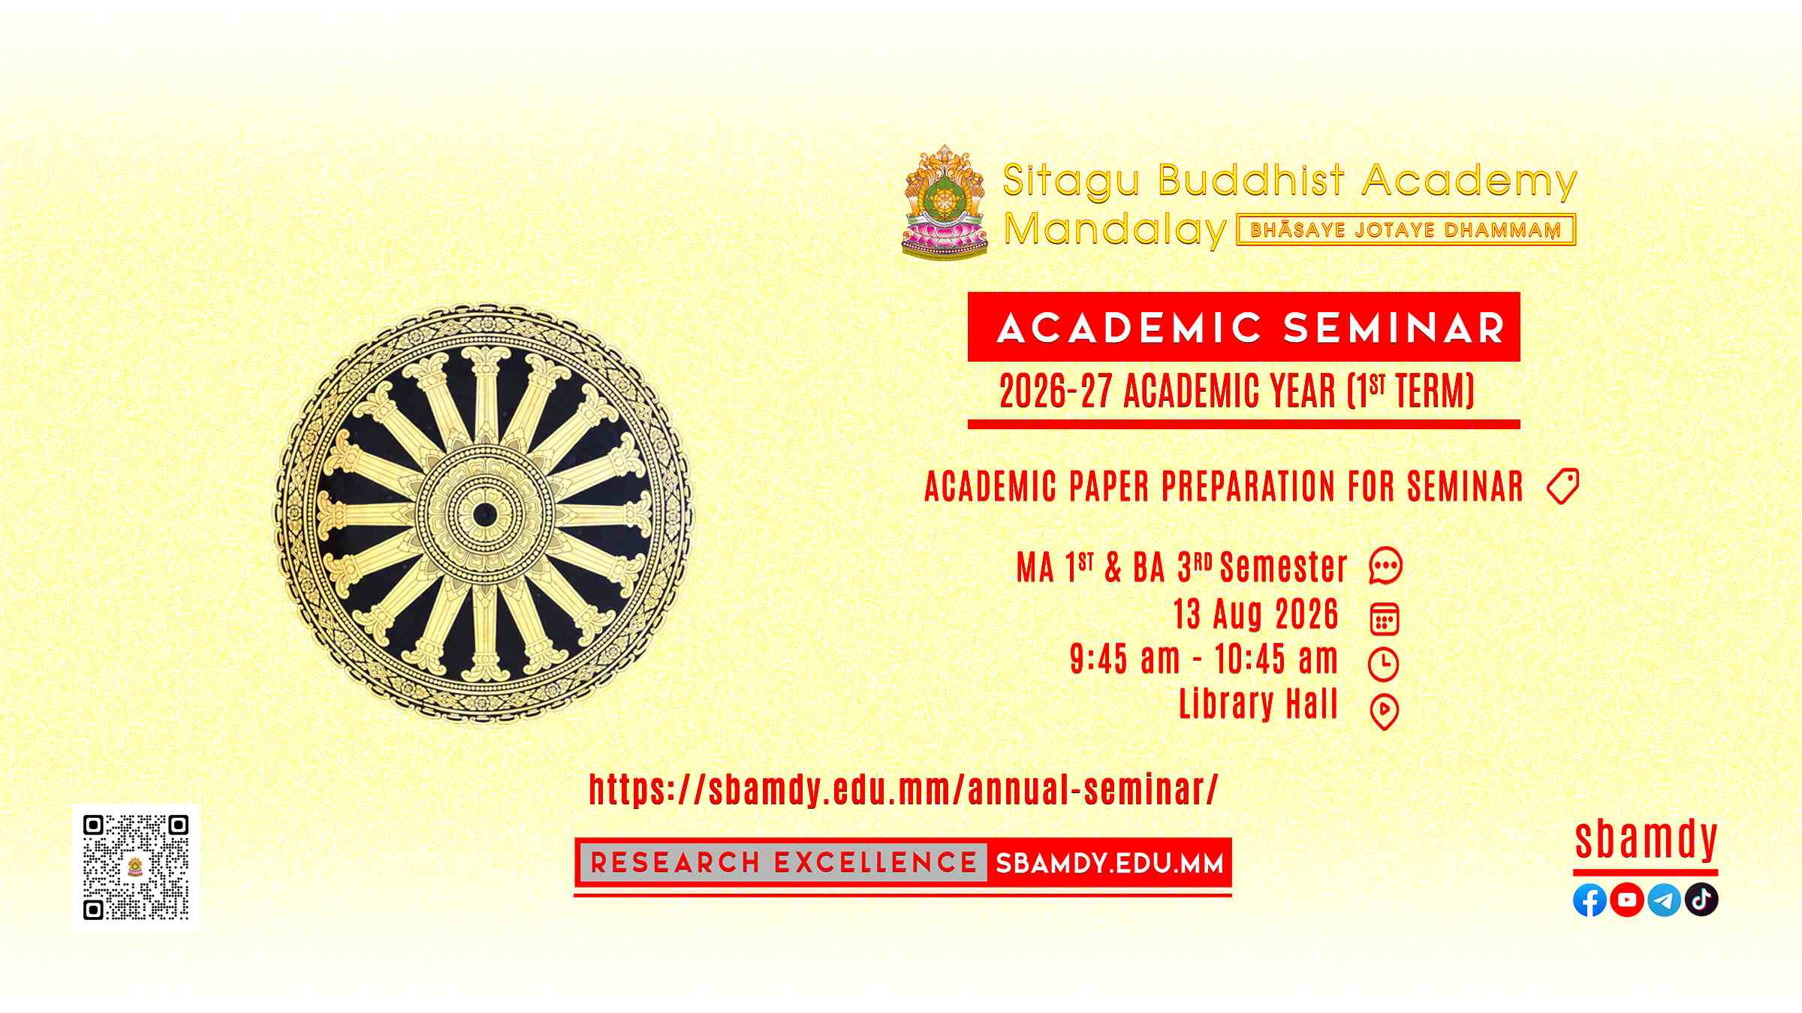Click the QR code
point(136,867)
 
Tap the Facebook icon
point(1590,900)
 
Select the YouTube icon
point(1627,900)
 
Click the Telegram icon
point(1664,900)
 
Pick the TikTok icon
point(1701,900)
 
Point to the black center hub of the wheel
point(484,515)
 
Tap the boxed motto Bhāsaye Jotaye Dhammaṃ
point(1406,230)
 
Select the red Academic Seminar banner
point(1244,327)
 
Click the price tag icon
point(1562,486)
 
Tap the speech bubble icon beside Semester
point(1385,567)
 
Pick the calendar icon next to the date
point(1385,619)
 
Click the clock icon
point(1384,664)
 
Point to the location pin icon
point(1385,712)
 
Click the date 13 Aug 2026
point(1256,614)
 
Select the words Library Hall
point(1259,704)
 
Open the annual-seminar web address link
point(903,789)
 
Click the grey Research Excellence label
point(784,863)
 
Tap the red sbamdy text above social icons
point(1646,840)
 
